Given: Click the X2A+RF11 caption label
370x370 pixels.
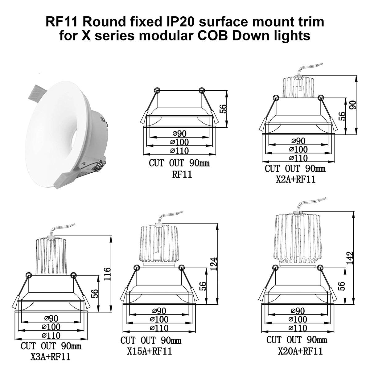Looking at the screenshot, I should pyautogui.click(x=295, y=179).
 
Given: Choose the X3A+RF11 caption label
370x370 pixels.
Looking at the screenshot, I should pyautogui.click(x=50, y=357).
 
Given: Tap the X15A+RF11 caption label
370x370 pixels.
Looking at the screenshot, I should pyautogui.click(x=149, y=351).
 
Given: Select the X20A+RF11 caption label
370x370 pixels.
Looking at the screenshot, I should pyautogui.click(x=300, y=351).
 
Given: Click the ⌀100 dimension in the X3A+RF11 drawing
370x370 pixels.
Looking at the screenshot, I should pyautogui.click(x=51, y=327).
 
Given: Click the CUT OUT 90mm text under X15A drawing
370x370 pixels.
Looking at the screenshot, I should pyautogui.click(x=151, y=341).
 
